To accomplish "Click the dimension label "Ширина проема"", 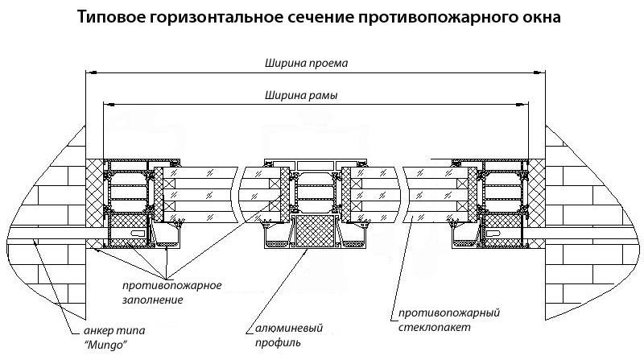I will pos(299,62).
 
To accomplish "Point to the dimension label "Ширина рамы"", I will pos(299,94).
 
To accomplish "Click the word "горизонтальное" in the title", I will pos(213,17).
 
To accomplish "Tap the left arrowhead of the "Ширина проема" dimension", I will pos(89,72).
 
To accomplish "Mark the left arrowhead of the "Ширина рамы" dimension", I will pos(105,104).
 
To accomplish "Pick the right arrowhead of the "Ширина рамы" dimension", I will pos(524,104).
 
